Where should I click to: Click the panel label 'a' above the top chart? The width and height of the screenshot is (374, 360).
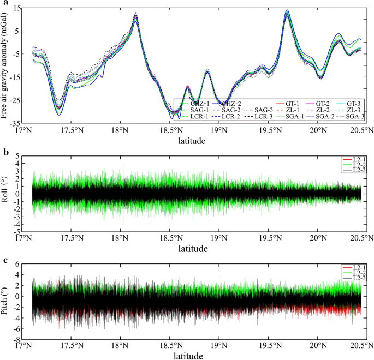4,4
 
